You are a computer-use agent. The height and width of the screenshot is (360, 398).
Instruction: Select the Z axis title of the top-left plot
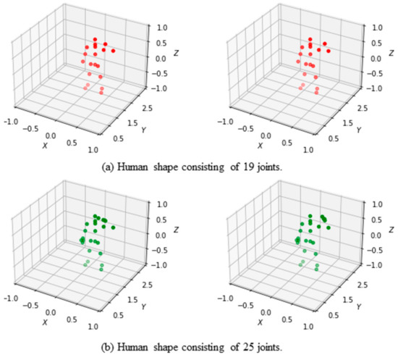177,53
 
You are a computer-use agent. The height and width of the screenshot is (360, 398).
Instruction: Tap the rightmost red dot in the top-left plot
114,51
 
